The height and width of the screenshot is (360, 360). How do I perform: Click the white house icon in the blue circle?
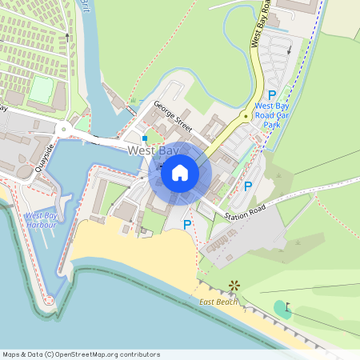point(180,172)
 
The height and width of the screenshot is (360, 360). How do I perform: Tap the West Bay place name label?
point(152,150)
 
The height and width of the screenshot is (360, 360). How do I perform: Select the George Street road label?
point(174,117)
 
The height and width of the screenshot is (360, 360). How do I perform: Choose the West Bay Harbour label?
point(41,220)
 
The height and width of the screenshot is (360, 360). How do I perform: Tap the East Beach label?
point(218,302)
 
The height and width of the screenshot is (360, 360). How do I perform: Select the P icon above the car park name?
point(271,94)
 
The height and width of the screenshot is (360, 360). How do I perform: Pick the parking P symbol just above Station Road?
point(247,186)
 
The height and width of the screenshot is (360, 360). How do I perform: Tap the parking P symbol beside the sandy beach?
point(187,226)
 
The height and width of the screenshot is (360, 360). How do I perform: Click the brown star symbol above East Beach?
point(234,285)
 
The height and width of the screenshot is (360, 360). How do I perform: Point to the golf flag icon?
point(289,306)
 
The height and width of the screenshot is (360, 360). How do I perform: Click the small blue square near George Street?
point(145,138)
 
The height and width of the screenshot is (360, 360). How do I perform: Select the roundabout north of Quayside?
point(62,128)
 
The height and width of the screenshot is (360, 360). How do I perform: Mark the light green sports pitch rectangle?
point(41,89)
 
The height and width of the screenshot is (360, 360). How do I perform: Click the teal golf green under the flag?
point(281,308)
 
